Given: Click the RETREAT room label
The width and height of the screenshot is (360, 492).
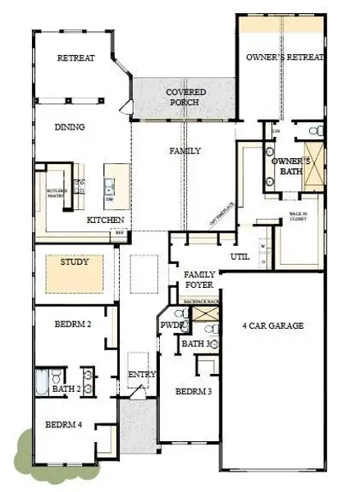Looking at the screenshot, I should [x=75, y=58].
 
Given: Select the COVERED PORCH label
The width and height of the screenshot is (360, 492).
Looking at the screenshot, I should [x=186, y=98].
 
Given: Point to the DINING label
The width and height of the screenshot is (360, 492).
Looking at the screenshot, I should [x=71, y=127].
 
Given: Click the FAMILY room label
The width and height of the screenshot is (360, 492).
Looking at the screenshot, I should [x=185, y=151].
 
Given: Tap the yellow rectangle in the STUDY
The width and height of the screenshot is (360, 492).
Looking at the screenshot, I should [x=73, y=274].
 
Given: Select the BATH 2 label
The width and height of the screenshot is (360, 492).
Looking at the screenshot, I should [x=66, y=388].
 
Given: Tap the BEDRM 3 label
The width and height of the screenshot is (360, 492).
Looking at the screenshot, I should [x=194, y=391].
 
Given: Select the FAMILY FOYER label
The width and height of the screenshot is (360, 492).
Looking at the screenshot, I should [x=199, y=280].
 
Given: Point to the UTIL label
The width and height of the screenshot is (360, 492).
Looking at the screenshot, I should [x=239, y=257].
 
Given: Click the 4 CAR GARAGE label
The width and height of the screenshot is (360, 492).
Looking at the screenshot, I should [x=273, y=326].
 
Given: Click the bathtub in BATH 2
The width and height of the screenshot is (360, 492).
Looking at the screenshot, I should [x=43, y=384].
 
